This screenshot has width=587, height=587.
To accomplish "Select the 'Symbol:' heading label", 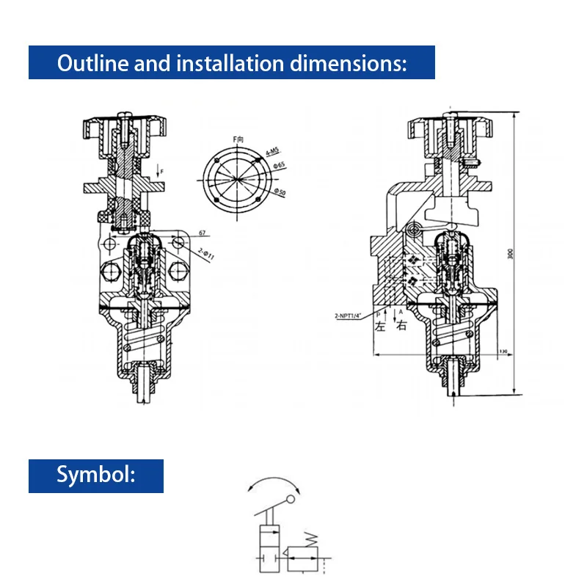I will point(96,475).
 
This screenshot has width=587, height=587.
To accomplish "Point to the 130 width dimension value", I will point(503,351).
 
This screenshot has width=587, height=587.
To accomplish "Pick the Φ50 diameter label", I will point(280,192).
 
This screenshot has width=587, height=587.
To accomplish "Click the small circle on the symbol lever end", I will point(291,500).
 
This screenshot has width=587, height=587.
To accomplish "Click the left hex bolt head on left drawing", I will point(112,271).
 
